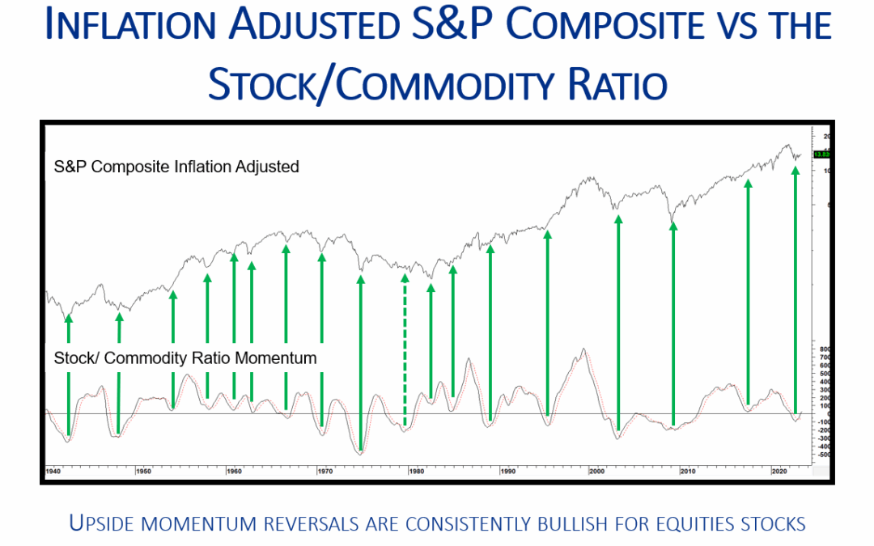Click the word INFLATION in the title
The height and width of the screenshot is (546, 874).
pyautogui.click(x=141, y=25)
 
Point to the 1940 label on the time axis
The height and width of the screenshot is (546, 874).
pyautogui.click(x=53, y=471)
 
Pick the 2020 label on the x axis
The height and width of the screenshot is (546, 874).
pyautogui.click(x=778, y=471)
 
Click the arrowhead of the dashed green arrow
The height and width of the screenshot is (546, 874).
pyautogui.click(x=405, y=278)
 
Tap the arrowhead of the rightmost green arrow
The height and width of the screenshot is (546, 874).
pyautogui.click(x=796, y=171)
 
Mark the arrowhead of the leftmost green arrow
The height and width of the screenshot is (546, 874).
pyautogui.click(x=68, y=318)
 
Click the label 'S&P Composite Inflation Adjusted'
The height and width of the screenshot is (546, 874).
pyautogui.click(x=176, y=167)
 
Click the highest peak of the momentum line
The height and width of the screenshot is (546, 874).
pyautogui.click(x=582, y=350)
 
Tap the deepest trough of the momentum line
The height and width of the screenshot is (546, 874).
pyautogui.click(x=360, y=453)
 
